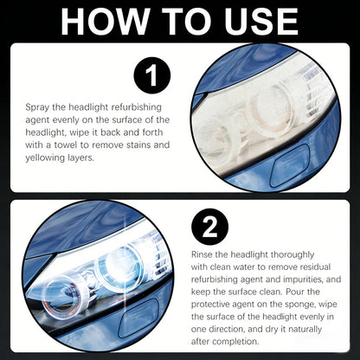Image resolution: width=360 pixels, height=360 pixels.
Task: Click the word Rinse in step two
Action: coord(207,255)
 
